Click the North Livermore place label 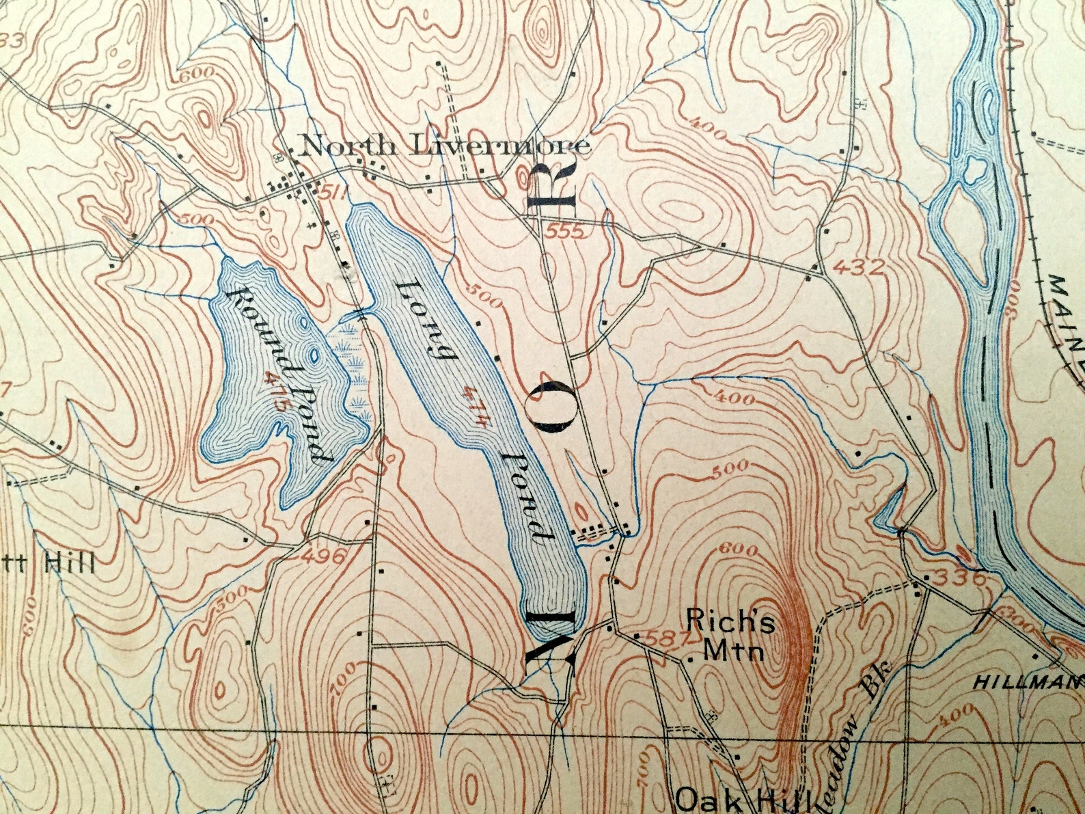[444, 146]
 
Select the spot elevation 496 [321, 556]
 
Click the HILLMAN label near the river [1029, 681]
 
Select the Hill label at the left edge [68, 565]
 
